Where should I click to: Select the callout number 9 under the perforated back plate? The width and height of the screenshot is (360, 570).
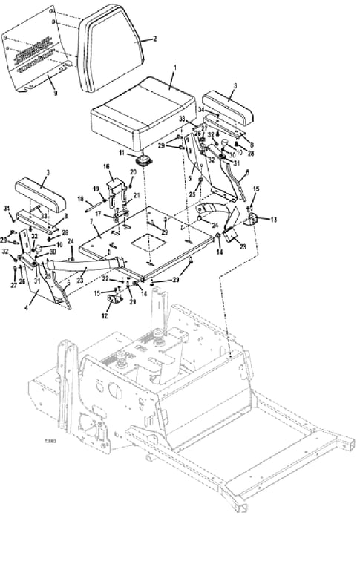click(x=53, y=94)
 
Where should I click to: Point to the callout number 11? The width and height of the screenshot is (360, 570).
click(x=133, y=153)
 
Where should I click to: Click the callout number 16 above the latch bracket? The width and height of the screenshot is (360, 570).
click(x=107, y=166)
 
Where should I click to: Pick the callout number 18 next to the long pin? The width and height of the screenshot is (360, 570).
click(x=79, y=199)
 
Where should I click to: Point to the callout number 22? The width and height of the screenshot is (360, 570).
click(x=104, y=278)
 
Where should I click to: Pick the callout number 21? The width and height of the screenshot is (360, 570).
click(x=136, y=194)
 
